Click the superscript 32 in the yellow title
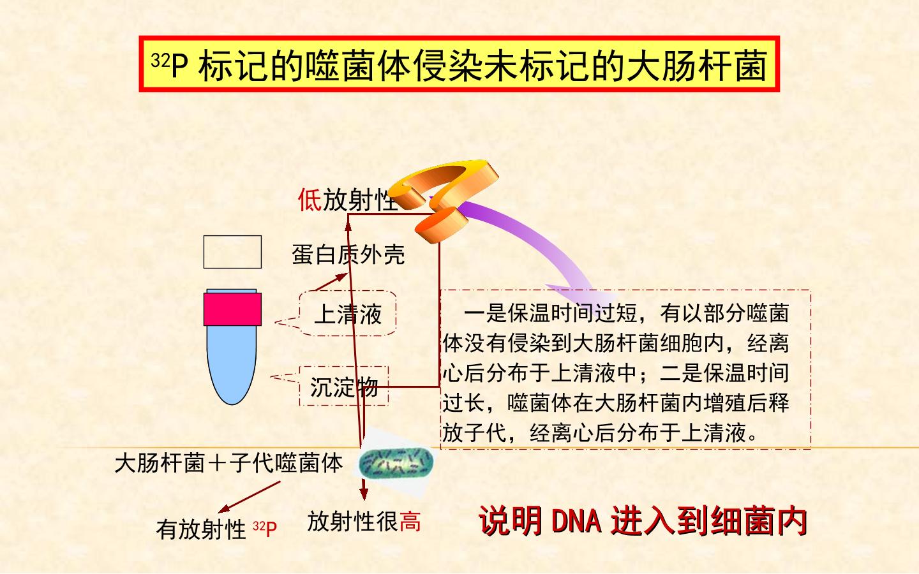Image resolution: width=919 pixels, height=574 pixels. pos(160,60)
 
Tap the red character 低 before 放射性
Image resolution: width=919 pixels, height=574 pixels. pos(310,200)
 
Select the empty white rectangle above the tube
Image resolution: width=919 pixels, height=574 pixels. pos(232,252)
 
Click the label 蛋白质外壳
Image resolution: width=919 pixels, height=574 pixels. pos(348,254)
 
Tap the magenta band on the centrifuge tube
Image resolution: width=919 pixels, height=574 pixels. pos(232,309)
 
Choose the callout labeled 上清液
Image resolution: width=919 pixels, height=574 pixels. pos(348,314)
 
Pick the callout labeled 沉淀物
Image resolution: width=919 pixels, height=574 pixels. pos(344,386)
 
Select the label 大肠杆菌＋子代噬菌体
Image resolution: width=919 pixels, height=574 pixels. pos(229,463)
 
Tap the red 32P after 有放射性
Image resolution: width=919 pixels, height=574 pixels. pos(265,529)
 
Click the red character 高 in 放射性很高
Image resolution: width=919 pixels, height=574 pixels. pos(410,522)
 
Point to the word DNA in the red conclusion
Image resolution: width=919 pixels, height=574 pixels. pos(576,520)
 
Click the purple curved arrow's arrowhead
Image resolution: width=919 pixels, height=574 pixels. pos(583,293)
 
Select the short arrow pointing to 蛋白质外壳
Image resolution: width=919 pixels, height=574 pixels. pos(331,282)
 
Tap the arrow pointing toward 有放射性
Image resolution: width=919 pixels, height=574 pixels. pos(249,497)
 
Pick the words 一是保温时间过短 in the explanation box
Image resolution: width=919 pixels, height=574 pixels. pos(550,313)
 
